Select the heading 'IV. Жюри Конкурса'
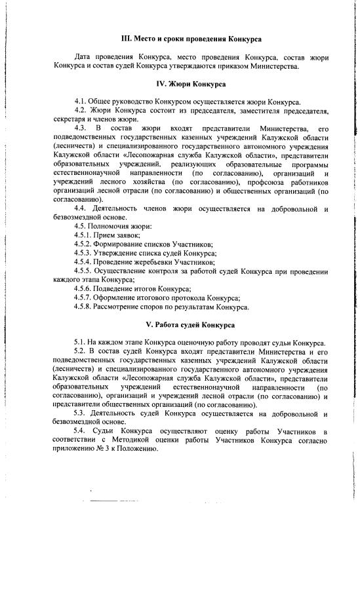click(191, 84)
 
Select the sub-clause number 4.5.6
click(85, 288)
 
